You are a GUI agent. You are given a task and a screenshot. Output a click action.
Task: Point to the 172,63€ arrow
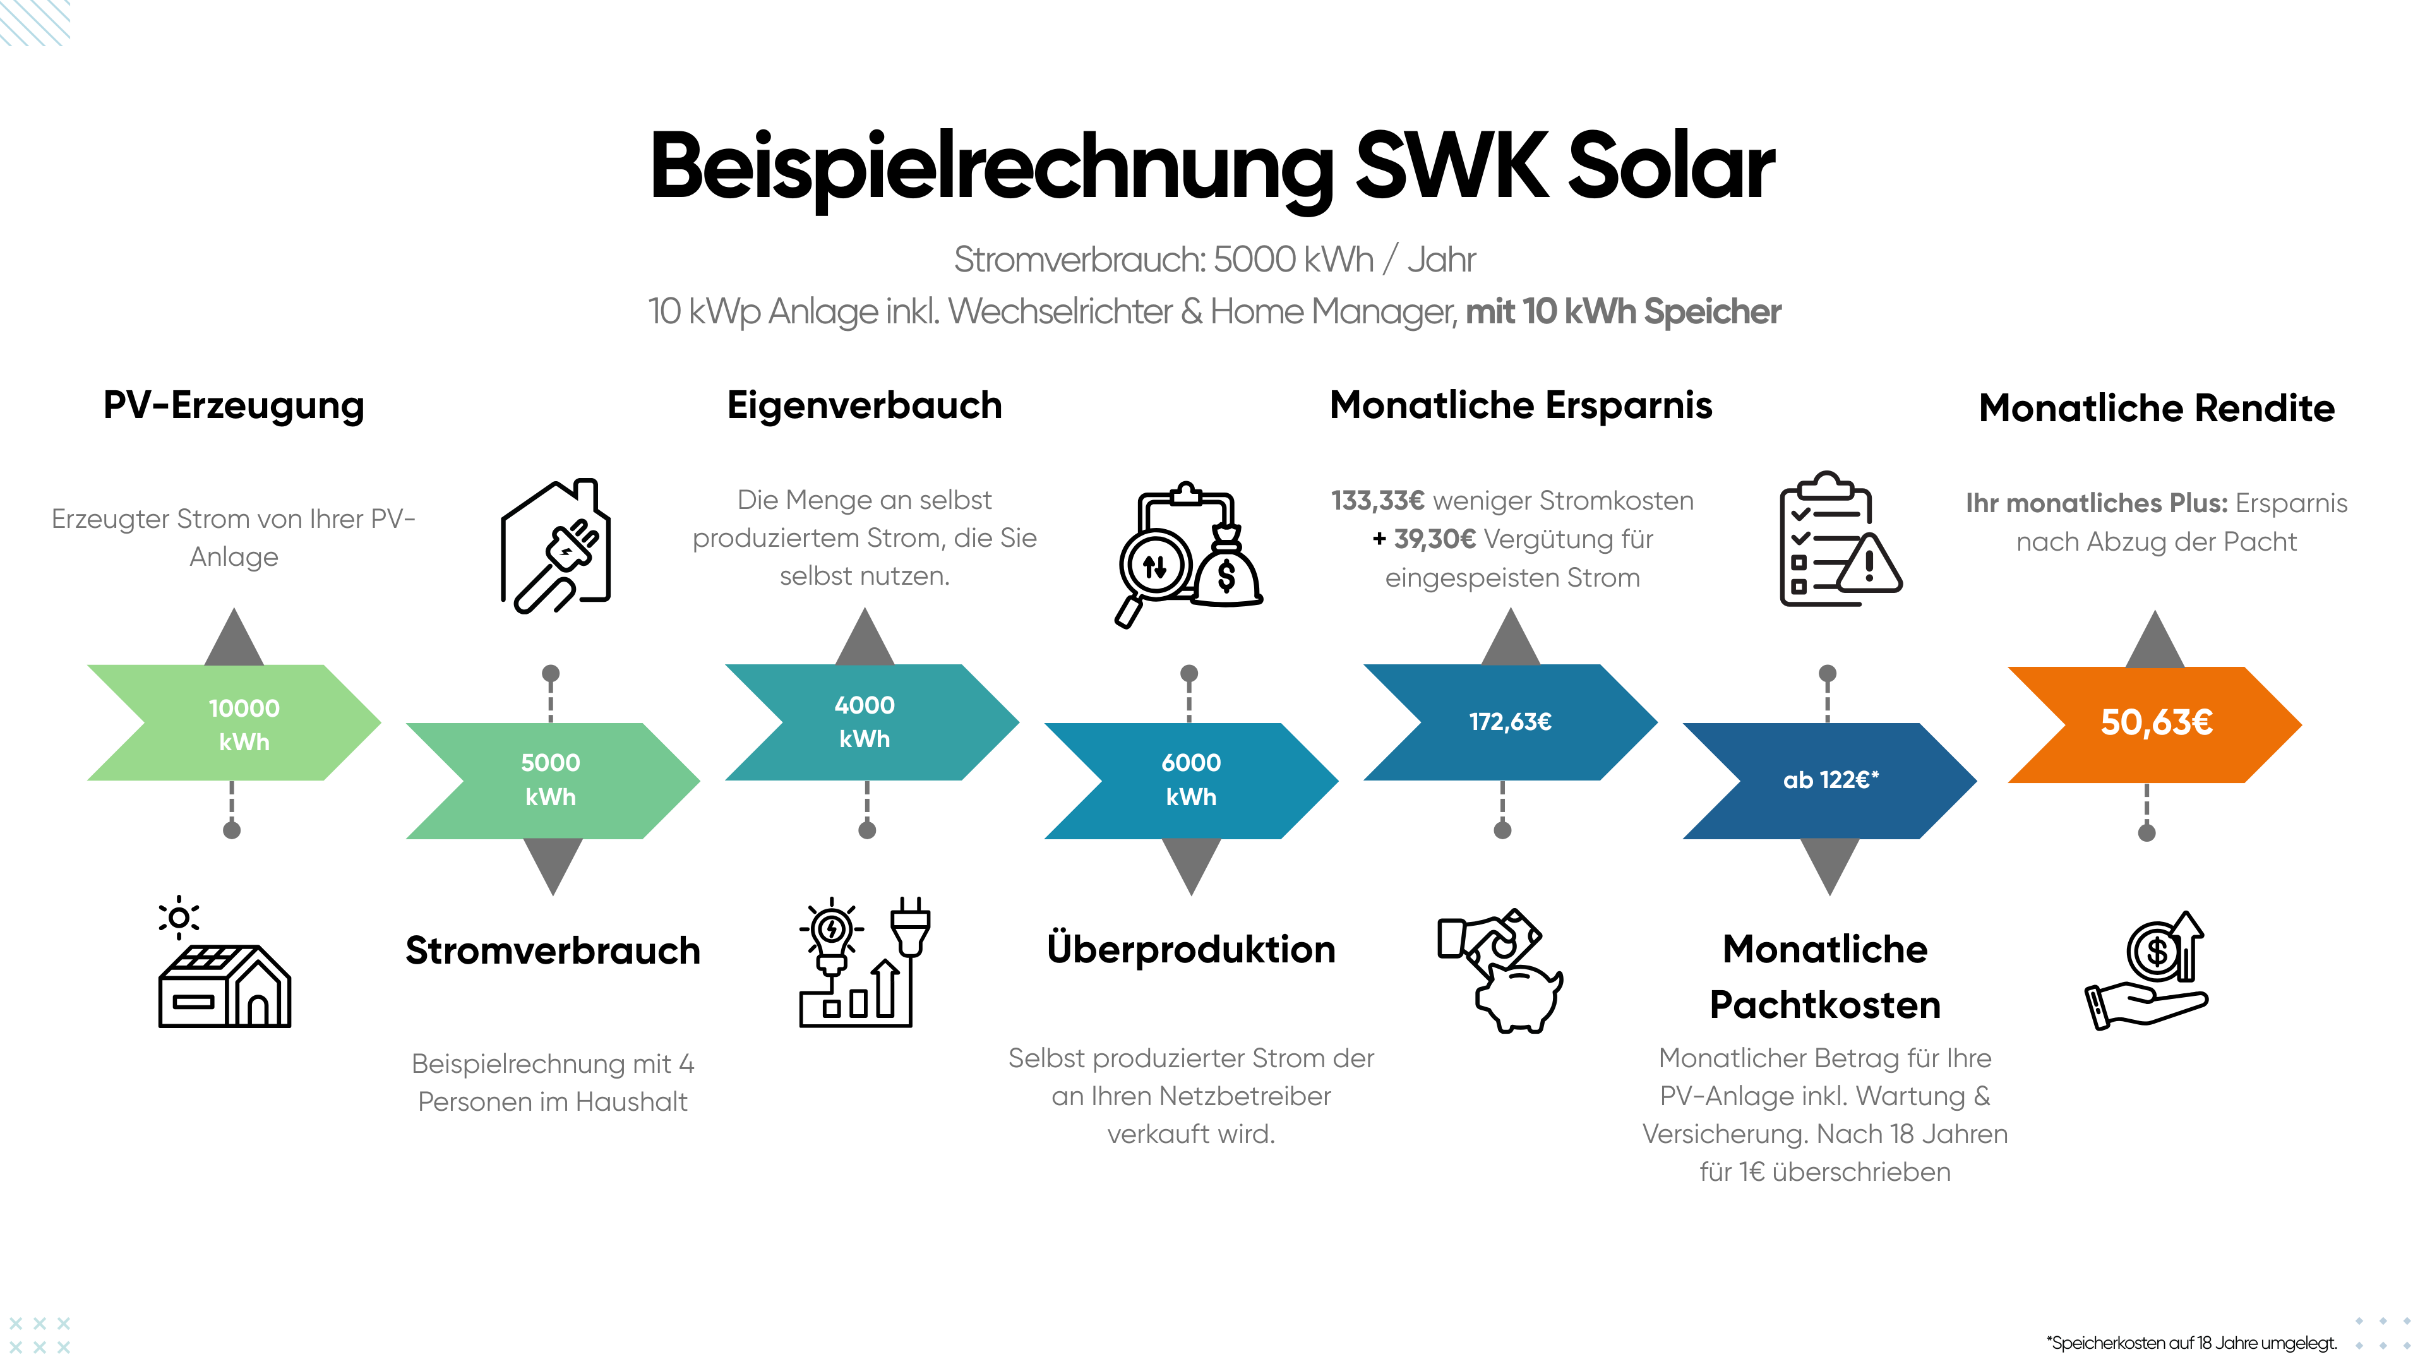(x=1510, y=722)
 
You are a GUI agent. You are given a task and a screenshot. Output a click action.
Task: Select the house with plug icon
(x=556, y=546)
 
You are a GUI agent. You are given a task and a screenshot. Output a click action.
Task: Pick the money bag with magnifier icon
(x=1188, y=554)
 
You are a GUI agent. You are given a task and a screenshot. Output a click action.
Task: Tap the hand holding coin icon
(x=2147, y=971)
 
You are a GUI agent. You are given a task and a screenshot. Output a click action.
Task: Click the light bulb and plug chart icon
(x=864, y=962)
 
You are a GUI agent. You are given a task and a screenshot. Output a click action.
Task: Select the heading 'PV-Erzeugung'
(x=234, y=405)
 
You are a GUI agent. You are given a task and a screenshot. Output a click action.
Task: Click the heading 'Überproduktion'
(x=1191, y=950)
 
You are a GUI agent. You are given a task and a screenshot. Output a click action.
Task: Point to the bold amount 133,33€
(x=1377, y=501)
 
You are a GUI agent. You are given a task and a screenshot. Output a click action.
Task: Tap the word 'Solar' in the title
(x=1671, y=167)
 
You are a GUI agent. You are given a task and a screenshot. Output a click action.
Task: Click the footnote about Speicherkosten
(x=2191, y=1343)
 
